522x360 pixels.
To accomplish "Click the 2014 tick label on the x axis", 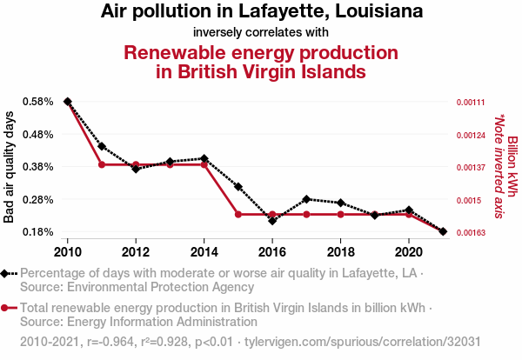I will tap(204, 251).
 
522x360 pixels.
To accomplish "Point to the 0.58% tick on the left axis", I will tap(32, 102).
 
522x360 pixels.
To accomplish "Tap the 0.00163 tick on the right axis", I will tap(470, 232).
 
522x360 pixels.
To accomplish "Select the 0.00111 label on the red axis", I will tap(470, 102).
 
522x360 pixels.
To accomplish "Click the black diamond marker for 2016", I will tap(272, 221).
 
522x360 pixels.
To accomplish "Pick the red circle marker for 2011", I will tap(102, 164).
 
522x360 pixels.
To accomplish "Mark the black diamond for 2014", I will tap(204, 158).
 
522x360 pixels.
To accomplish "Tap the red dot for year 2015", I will tap(238, 214).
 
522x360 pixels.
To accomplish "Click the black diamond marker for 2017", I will tap(306, 199).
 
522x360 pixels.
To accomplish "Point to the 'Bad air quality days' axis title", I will tap(10, 167).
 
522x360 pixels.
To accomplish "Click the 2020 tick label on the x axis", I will tap(409, 251).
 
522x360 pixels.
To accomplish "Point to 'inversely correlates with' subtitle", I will tap(261, 33).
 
